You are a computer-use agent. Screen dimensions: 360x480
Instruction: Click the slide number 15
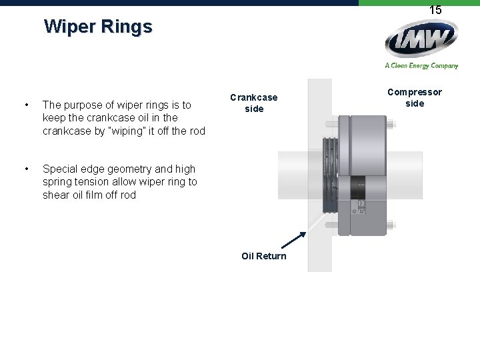(x=435, y=10)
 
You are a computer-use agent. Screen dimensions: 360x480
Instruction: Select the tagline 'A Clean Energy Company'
(x=421, y=65)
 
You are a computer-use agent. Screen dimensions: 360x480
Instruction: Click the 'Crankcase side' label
(x=253, y=103)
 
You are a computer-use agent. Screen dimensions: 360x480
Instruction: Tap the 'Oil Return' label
(x=264, y=256)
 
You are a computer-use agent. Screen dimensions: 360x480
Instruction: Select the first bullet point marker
(x=25, y=105)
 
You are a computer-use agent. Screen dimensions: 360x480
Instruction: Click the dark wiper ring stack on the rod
(x=331, y=174)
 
